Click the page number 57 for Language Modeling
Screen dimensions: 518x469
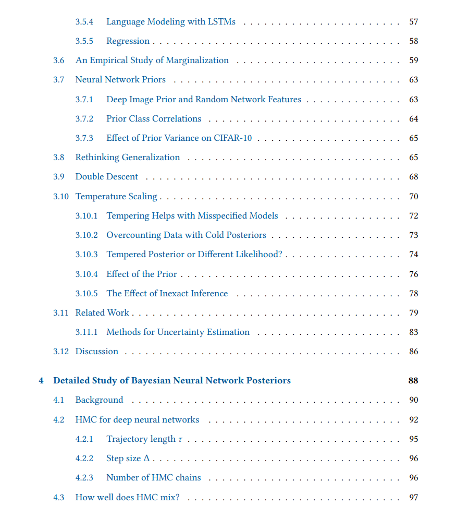pos(413,22)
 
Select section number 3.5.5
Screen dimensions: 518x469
pos(84,41)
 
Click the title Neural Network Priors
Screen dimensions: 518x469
pos(120,80)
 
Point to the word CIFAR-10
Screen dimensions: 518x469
pos(232,138)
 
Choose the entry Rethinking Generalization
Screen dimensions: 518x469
pos(128,158)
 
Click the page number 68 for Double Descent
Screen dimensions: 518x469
pos(413,177)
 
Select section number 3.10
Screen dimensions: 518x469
pos(60,197)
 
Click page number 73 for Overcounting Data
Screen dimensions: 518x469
pos(413,235)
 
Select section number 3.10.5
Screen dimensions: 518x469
pos(86,294)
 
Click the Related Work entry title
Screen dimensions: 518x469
pos(102,313)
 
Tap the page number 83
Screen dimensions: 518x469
pos(413,332)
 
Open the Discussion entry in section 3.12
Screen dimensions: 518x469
pos(97,352)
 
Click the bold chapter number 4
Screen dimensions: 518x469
pos(41,381)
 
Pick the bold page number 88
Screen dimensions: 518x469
pos(413,381)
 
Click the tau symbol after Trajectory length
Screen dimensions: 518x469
pos(180,440)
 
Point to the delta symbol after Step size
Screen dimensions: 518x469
pos(146,459)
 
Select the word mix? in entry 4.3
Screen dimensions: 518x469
pos(170,498)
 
